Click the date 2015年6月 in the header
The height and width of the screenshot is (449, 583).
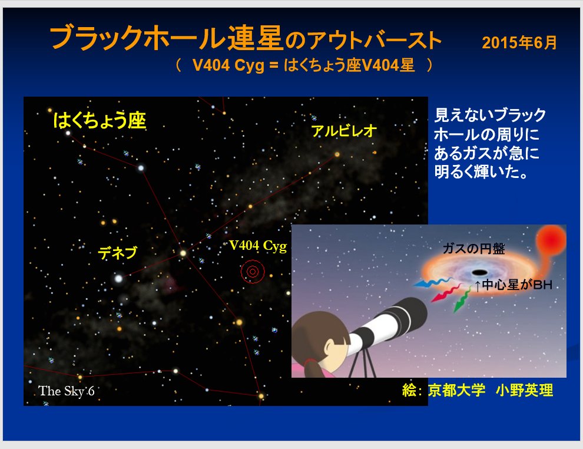(x=519, y=42)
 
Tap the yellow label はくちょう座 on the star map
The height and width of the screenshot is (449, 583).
(x=100, y=120)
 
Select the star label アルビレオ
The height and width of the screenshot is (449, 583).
(x=344, y=131)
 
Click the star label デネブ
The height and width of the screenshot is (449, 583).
(x=118, y=253)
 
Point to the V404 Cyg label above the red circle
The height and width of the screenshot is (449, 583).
(x=258, y=246)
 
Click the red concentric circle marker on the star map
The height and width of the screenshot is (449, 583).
(x=253, y=271)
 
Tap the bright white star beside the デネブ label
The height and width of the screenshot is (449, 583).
(x=118, y=278)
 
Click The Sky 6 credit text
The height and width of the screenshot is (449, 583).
(x=66, y=391)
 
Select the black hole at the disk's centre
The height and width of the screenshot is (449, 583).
(x=479, y=272)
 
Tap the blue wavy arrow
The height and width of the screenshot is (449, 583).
(x=432, y=283)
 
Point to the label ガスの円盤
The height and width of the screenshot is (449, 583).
(x=473, y=249)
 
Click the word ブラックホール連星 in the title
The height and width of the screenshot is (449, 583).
(x=166, y=38)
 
